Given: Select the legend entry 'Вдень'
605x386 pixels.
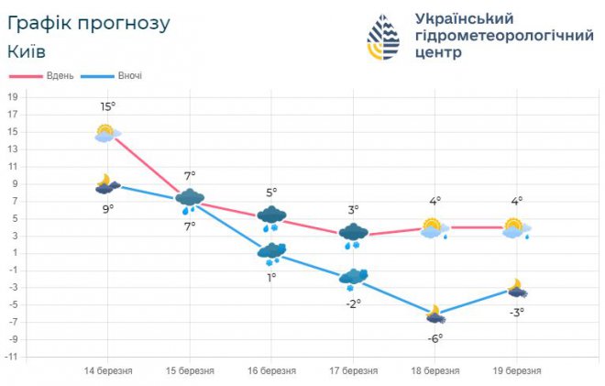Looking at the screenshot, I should tap(60, 75).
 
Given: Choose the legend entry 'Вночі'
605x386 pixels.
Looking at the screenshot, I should tap(129, 75).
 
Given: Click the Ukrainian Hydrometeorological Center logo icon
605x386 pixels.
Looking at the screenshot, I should tap(385, 38).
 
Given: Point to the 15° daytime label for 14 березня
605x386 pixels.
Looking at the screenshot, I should tap(108, 107).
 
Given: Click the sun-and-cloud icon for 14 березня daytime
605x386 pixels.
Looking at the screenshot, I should tap(107, 133).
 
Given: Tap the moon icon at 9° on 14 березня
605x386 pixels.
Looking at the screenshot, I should tap(107, 184).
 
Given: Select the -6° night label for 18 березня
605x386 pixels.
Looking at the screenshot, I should tap(435, 338).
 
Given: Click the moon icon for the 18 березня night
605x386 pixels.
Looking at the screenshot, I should tap(434, 314).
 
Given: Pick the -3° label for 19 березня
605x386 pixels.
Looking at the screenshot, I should tap(517, 313).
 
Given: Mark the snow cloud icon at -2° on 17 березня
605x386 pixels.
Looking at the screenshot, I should tap(353, 277).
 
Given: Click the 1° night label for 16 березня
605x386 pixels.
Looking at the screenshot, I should tap(271, 277).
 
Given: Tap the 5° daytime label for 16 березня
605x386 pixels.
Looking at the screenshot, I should tap(271, 193).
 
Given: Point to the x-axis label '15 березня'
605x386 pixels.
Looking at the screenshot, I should tap(190, 370).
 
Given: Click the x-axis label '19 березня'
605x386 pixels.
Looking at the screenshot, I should tap(516, 370).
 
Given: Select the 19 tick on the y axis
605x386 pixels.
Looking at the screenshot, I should tap(13, 96).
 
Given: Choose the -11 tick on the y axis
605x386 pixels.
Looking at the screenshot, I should tap(12, 355).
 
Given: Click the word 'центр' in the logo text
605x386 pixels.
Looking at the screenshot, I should tap(439, 53).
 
